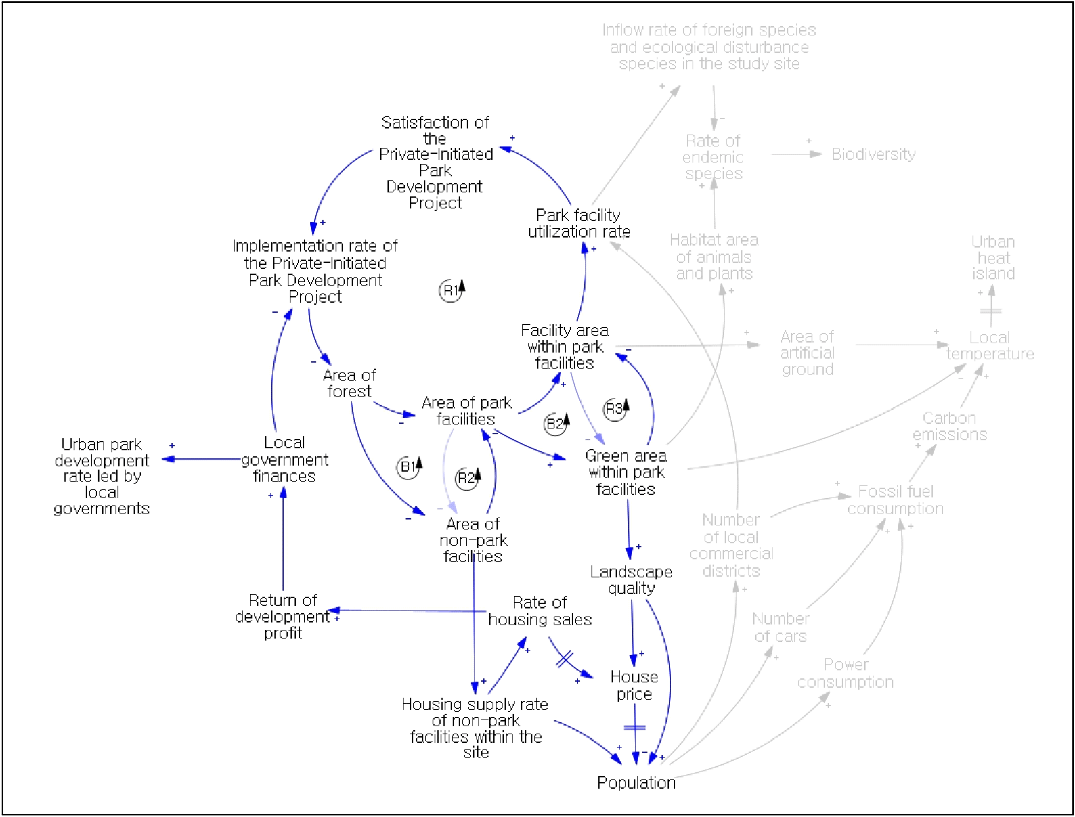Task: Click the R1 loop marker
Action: pyautogui.click(x=452, y=291)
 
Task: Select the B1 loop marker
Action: pyautogui.click(x=408, y=467)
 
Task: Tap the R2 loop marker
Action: pyautogui.click(x=466, y=479)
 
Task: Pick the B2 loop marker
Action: pyautogui.click(x=556, y=424)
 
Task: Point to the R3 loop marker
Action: pyautogui.click(x=615, y=409)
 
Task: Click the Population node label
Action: pyautogui.click(x=636, y=782)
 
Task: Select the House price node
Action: pyautogui.click(x=634, y=685)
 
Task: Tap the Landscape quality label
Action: pyautogui.click(x=631, y=580)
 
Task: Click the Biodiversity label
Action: pyautogui.click(x=873, y=154)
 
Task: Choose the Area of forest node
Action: pyautogui.click(x=349, y=383)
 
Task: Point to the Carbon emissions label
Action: pyautogui.click(x=949, y=426)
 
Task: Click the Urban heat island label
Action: pyautogui.click(x=993, y=258)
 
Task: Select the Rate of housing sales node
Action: pyautogui.click(x=540, y=611)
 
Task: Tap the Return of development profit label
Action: pyautogui.click(x=283, y=617)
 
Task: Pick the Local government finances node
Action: pyautogui.click(x=284, y=460)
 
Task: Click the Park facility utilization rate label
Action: pyautogui.click(x=579, y=223)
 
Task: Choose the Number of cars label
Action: pyautogui.click(x=781, y=627)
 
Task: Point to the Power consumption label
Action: pyautogui.click(x=845, y=674)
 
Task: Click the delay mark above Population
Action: pyautogui.click(x=635, y=728)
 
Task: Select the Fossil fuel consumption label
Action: pyautogui.click(x=895, y=500)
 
